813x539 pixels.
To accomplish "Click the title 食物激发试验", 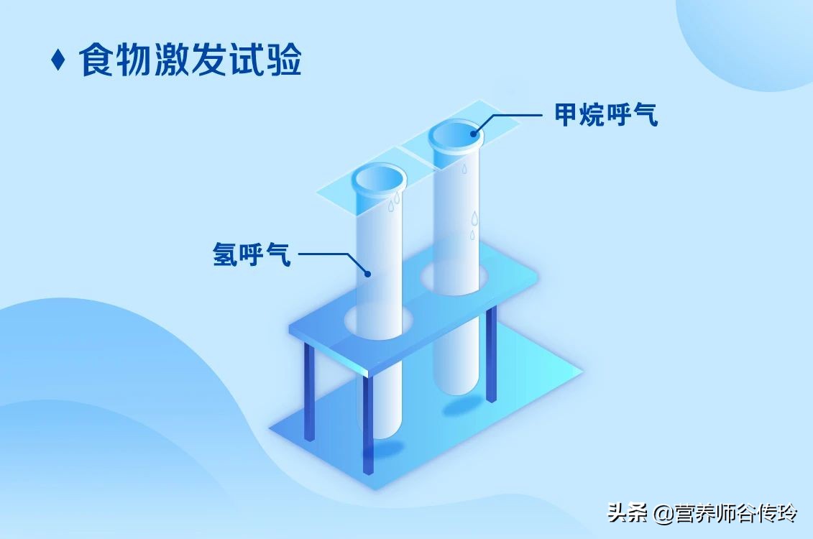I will [x=190, y=60].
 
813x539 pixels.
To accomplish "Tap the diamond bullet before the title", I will [x=58, y=60].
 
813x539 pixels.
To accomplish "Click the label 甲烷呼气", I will [x=606, y=115].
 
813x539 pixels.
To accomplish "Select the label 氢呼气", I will [x=252, y=254].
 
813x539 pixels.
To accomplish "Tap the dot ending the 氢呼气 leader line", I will [x=367, y=273].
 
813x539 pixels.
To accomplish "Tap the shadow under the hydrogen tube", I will [x=381, y=450].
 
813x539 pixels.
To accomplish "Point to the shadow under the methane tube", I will [x=460, y=408].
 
